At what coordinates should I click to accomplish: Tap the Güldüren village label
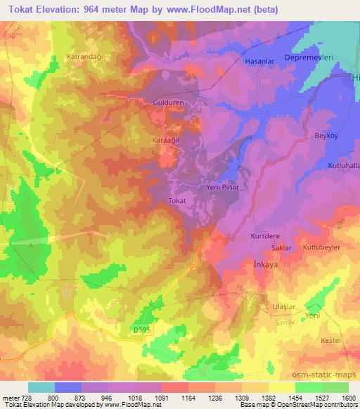click(x=168, y=102)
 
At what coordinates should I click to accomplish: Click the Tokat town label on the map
click(x=177, y=201)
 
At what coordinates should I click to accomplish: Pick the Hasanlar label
click(x=257, y=61)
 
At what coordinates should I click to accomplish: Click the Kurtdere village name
click(x=265, y=237)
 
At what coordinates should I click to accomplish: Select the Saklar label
click(x=281, y=249)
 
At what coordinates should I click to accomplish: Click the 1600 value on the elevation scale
click(x=349, y=397)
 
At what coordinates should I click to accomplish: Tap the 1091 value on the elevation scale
click(x=161, y=397)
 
